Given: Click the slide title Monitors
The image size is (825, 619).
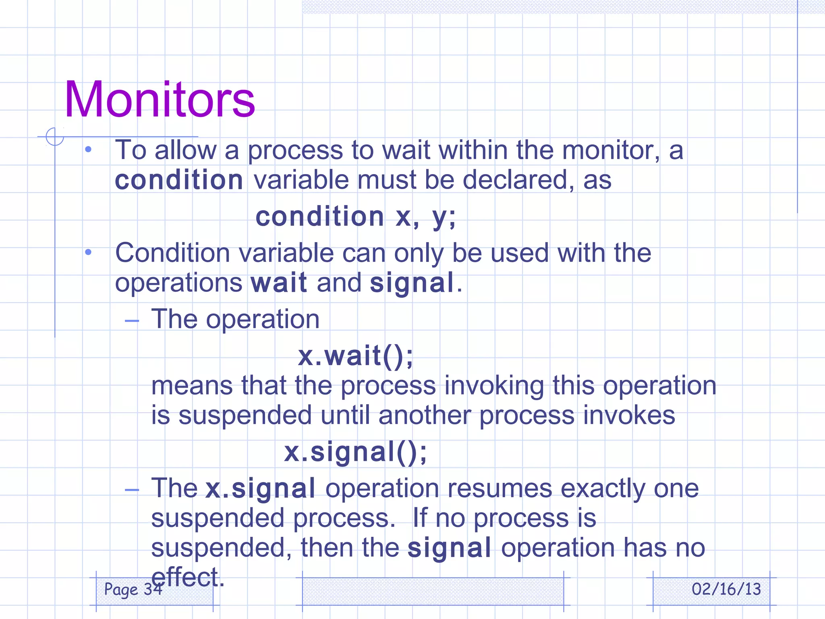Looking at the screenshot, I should tap(160, 99).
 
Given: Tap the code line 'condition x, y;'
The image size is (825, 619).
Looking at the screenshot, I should tap(355, 216).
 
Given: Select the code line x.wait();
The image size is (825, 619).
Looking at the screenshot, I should tap(355, 355).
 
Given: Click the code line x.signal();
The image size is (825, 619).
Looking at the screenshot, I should tap(355, 452).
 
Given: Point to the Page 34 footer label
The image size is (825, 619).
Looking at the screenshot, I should tap(133, 589).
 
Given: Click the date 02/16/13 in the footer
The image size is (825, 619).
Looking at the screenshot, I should tap(726, 589).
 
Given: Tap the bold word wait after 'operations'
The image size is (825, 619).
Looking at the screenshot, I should tap(279, 282).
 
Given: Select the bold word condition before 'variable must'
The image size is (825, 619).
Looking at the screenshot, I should tap(179, 180).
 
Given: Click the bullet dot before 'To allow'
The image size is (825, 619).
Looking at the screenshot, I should tap(88, 150).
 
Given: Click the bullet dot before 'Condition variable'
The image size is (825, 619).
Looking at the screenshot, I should tap(88, 253).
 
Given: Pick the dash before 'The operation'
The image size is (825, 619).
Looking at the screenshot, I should tap(132, 321).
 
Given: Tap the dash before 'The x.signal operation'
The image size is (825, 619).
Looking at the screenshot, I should tap(132, 490).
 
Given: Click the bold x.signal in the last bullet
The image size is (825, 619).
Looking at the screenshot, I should tap(260, 488).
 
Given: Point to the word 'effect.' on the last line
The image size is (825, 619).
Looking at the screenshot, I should tap(187, 577).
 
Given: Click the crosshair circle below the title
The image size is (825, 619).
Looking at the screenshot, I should tap(55, 137).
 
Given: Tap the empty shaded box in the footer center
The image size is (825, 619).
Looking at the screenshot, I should tap(433, 591).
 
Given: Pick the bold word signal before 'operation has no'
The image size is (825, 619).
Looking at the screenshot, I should tap(449, 548).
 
